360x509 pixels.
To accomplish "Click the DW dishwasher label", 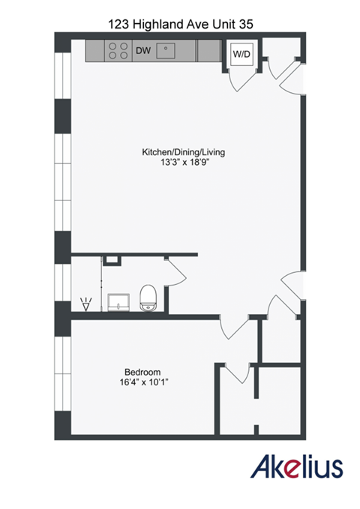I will tap(142, 51).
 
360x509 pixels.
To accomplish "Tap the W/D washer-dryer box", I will tap(241, 55).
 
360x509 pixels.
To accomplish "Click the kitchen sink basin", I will tap(167, 51).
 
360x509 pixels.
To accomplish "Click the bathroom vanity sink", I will tap(118, 302).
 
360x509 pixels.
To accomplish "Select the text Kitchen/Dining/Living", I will tap(184, 152).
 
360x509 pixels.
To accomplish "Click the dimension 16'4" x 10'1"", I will tap(142, 382).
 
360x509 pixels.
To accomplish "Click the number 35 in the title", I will tap(244, 24).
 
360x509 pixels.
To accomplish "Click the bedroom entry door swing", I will tap(234, 330).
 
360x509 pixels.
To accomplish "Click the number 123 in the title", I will tap(118, 24).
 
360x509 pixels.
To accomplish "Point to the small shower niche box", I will tap(112, 260).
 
